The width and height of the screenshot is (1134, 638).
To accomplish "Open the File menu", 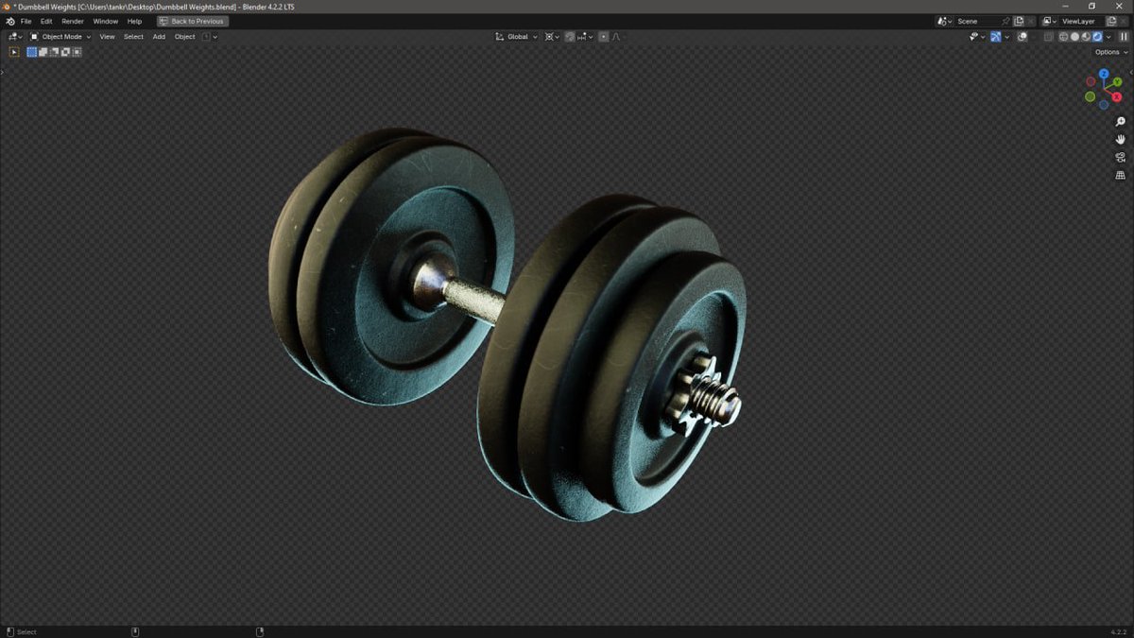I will [26, 21].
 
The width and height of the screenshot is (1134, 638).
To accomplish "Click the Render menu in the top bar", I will [73, 21].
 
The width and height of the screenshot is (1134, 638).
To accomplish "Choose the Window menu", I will [106, 21].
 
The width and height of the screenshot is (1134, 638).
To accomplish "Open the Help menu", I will [134, 21].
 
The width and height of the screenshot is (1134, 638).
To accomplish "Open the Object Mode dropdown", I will [61, 37].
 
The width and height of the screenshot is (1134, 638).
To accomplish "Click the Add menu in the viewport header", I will [159, 37].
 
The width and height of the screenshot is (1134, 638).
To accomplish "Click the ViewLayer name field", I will [1078, 21].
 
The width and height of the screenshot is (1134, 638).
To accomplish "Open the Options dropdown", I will [1110, 52].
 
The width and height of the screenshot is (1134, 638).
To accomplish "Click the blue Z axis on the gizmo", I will [1104, 73].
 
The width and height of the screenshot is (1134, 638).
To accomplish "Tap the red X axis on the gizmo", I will [1117, 96].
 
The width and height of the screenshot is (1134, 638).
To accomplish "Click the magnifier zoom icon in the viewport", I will [1121, 122].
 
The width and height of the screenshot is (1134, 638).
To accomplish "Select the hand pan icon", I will [1121, 140].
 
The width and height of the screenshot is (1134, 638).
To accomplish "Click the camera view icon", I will [1121, 158].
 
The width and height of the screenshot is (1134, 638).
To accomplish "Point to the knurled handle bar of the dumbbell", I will [474, 302].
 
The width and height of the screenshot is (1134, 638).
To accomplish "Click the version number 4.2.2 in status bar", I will [1117, 631].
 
